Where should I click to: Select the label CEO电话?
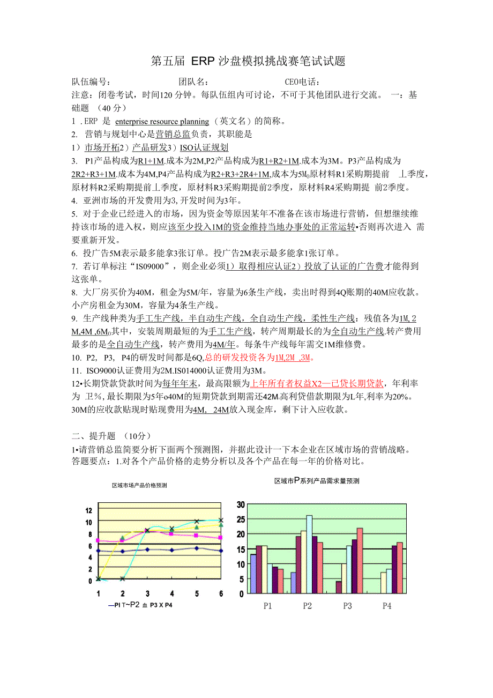click(302, 82)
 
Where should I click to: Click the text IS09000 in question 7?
click(154, 266)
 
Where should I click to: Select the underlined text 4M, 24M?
click(211, 410)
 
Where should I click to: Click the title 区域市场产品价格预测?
click(139, 485)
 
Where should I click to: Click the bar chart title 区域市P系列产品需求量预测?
click(317, 481)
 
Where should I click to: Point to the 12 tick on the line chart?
click(88, 510)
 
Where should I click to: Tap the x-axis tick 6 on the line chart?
click(221, 593)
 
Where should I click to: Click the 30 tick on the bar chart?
click(240, 504)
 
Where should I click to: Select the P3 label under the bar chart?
click(347, 606)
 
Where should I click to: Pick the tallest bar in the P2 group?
click(309, 554)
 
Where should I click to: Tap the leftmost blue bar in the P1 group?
click(253, 574)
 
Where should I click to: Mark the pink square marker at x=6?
click(221, 537)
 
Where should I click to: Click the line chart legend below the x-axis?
click(143, 605)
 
